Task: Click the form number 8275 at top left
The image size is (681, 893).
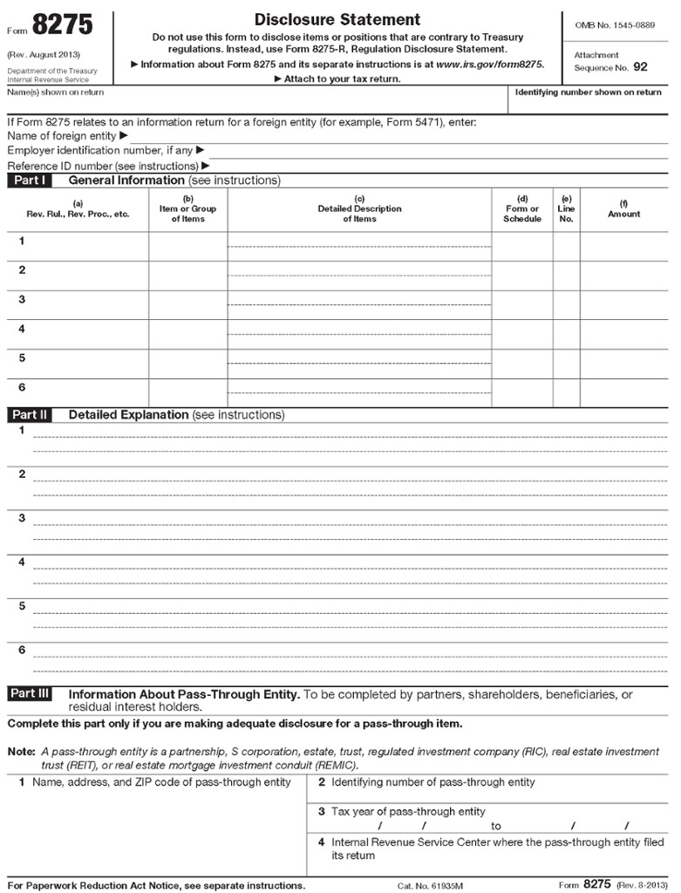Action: click(62, 25)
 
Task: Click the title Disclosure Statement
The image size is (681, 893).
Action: click(337, 19)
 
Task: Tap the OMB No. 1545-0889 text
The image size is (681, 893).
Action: click(615, 25)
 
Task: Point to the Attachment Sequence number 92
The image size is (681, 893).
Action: click(640, 67)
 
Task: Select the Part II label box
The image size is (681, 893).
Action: click(29, 414)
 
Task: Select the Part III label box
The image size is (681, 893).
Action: click(30, 694)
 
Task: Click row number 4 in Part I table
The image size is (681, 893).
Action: click(22, 330)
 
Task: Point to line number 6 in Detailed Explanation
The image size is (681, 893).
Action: click(22, 650)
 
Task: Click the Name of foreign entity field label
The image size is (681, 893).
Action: click(62, 136)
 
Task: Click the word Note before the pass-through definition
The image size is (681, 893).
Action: click(21, 752)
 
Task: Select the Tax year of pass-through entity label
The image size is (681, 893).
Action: click(402, 812)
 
